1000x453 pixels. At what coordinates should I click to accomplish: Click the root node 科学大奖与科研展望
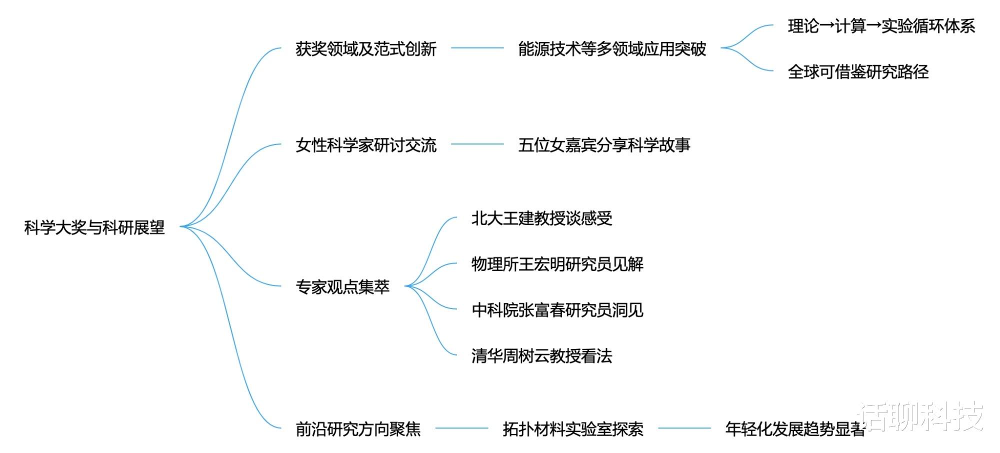[94, 227]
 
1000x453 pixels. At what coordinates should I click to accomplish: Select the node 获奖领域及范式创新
[366, 49]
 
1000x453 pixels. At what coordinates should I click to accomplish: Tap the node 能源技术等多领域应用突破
[612, 49]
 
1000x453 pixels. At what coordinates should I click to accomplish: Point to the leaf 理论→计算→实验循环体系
[881, 26]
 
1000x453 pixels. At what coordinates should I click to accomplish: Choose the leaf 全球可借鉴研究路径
[858, 72]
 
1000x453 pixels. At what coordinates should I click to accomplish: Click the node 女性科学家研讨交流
[366, 145]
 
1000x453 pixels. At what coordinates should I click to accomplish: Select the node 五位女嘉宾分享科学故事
[604, 145]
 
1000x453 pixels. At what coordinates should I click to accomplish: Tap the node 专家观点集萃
[342, 287]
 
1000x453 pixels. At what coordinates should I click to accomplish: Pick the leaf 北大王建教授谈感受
[541, 218]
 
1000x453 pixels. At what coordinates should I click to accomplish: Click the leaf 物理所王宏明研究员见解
[557, 264]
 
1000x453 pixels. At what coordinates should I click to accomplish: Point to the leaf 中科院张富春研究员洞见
[557, 310]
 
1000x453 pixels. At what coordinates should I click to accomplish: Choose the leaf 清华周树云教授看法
[541, 356]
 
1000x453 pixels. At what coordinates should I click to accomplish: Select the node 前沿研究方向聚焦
[358, 429]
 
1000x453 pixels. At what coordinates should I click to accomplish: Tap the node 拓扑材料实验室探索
[573, 429]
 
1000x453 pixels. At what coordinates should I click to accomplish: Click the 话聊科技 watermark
[923, 416]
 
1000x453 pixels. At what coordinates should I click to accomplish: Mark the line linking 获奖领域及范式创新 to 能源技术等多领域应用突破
[477, 48]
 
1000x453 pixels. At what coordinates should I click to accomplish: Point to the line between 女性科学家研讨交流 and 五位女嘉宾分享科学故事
[477, 144]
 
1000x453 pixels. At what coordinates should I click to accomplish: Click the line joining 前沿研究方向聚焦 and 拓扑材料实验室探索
[461, 428]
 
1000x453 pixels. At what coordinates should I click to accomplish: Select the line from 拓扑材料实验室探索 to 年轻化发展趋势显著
[684, 428]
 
